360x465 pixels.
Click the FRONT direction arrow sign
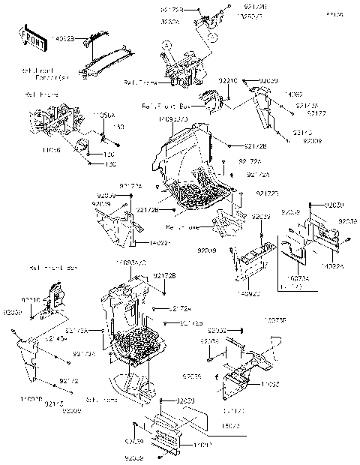click(30, 37)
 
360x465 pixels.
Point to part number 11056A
click(103, 115)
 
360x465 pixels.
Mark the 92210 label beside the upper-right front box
click(229, 79)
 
